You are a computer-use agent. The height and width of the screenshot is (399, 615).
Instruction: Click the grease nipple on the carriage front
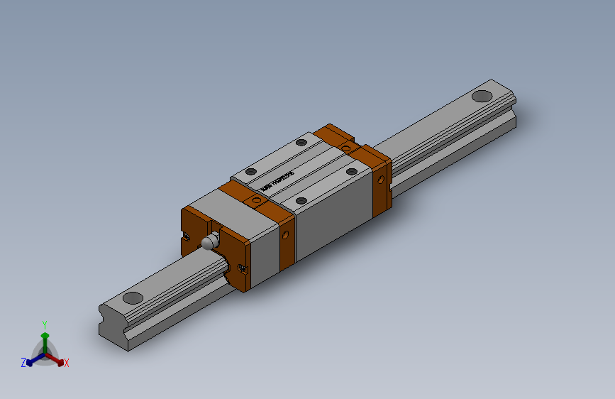point(209,242)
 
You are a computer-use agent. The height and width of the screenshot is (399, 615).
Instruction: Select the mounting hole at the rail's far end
point(482,96)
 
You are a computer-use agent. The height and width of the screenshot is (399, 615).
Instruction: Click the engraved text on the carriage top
point(277,181)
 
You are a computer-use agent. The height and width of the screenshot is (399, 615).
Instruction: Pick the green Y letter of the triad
point(44,323)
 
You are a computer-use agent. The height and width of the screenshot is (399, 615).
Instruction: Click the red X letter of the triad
point(66,363)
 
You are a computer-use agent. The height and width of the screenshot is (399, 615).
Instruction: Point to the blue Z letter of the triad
point(23,362)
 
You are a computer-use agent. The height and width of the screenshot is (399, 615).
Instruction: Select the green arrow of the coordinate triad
point(44,337)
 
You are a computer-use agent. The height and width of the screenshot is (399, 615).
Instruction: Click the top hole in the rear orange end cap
point(346,147)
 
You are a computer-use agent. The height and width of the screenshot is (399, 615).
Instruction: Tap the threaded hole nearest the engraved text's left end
point(250,171)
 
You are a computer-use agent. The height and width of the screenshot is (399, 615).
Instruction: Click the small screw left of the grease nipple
point(187,235)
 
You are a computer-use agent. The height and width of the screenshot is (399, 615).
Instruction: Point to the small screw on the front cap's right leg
point(243,268)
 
